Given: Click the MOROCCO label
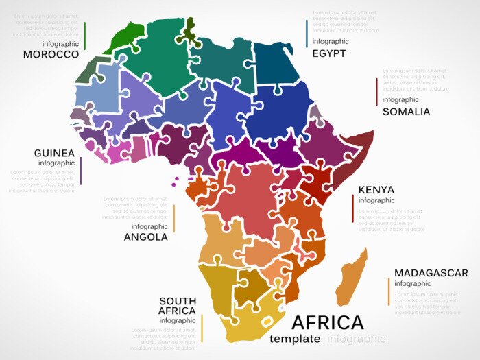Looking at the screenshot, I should pyautogui.click(x=51, y=54).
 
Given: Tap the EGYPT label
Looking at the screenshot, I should pyautogui.click(x=328, y=53).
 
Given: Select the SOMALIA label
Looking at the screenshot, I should pyautogui.click(x=406, y=111).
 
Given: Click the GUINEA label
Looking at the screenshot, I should pyautogui.click(x=54, y=153).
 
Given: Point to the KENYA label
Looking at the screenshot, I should pyautogui.click(x=376, y=190).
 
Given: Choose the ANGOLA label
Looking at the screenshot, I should pyautogui.click(x=145, y=237).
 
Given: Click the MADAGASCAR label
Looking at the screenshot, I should pyautogui.click(x=431, y=273).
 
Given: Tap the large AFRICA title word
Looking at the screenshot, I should pyautogui.click(x=328, y=322).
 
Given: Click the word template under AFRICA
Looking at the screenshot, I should pyautogui.click(x=295, y=339).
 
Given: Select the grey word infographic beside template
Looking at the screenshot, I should pyautogui.click(x=357, y=339).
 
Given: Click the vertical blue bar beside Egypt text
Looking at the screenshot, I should pyautogui.click(x=307, y=34).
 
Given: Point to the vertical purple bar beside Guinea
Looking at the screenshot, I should pyautogui.click(x=81, y=171).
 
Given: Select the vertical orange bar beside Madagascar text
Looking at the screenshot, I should pyautogui.click(x=388, y=291).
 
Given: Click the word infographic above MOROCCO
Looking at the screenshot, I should pyautogui.click(x=60, y=43).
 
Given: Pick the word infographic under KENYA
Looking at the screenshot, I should pyautogui.click(x=376, y=200).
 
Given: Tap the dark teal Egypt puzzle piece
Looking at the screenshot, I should pyautogui.click(x=278, y=62).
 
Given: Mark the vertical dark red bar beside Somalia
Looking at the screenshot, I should pyautogui.click(x=376, y=92).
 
